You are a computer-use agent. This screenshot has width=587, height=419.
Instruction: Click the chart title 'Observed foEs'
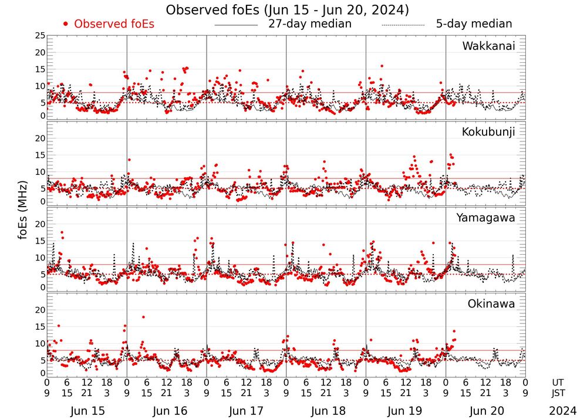(x=287, y=10)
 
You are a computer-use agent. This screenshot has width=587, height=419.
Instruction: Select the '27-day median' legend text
(x=310, y=24)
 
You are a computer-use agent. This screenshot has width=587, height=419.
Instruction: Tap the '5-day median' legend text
(x=474, y=24)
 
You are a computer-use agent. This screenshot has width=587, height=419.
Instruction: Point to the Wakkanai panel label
(x=488, y=46)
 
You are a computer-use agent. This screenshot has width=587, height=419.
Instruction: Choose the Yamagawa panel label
(x=485, y=218)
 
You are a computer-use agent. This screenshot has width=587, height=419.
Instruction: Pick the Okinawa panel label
(x=491, y=303)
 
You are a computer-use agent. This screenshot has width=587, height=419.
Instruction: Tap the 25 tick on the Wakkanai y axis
(x=41, y=36)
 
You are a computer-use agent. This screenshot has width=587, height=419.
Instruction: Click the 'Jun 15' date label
(x=86, y=411)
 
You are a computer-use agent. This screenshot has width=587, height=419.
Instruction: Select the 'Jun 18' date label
(x=326, y=411)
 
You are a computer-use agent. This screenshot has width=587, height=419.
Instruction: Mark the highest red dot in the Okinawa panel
(x=143, y=317)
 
